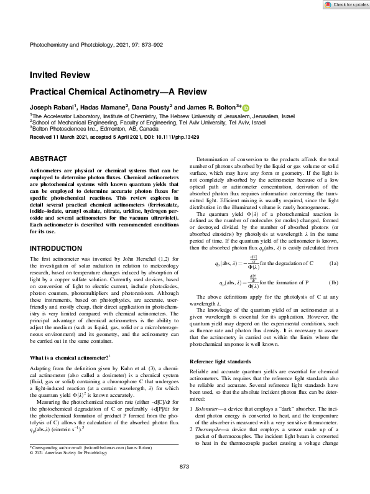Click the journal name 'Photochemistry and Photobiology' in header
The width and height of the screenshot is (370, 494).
click(68, 45)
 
